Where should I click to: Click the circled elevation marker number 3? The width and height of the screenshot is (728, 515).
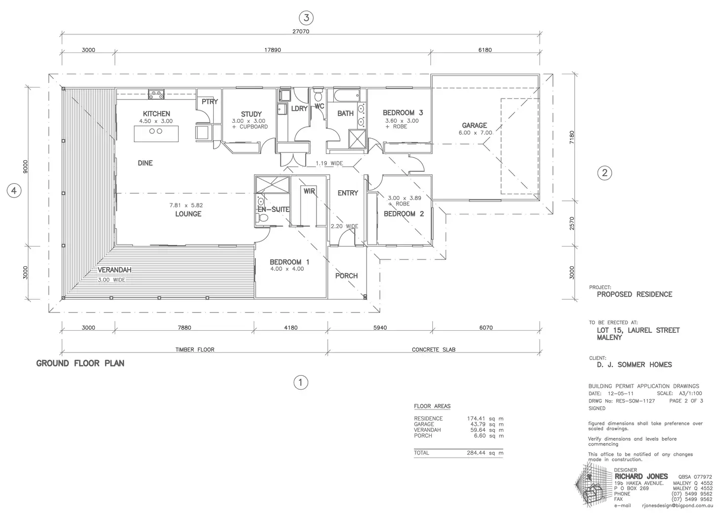click(x=306, y=18)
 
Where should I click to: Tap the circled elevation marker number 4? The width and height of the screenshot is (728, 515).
click(x=14, y=191)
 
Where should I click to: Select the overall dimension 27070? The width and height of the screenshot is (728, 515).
click(x=301, y=32)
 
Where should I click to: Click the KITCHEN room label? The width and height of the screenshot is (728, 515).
click(x=156, y=113)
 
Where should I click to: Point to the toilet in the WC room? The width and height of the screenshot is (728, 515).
click(x=318, y=95)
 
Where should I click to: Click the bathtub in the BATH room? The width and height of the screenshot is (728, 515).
click(x=347, y=96)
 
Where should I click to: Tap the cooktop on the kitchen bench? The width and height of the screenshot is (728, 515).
click(x=156, y=95)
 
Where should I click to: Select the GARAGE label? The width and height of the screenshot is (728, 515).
click(x=474, y=125)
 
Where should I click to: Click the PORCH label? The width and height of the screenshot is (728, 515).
click(x=346, y=275)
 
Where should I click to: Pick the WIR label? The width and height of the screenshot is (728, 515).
click(x=309, y=191)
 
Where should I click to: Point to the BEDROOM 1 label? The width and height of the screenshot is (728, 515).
click(x=289, y=262)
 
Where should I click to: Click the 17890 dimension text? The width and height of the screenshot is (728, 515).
click(x=273, y=50)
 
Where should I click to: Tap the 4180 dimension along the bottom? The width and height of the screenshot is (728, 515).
click(x=290, y=328)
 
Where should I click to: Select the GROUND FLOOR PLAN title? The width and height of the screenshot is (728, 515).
click(x=80, y=363)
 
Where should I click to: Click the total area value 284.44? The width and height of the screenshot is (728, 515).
click(x=476, y=453)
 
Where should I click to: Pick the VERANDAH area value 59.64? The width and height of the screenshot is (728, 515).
click(x=478, y=430)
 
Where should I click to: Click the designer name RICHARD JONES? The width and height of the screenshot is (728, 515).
click(x=641, y=476)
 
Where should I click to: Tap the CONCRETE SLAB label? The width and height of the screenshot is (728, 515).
click(x=434, y=350)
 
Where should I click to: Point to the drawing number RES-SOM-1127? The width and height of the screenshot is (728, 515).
click(x=635, y=401)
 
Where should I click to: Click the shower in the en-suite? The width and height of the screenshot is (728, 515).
click(x=273, y=185)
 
